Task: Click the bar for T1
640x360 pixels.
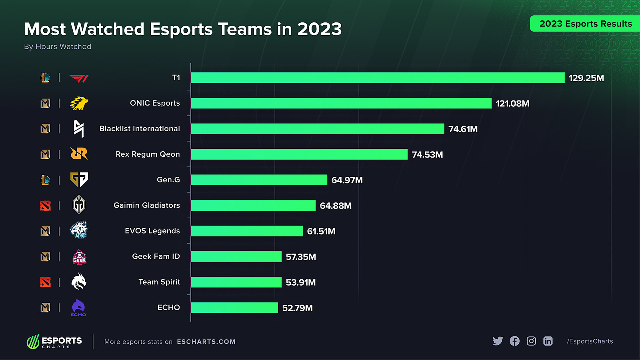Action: [x=378, y=78]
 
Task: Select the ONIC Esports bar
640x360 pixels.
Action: [x=341, y=103]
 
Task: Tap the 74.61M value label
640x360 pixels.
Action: [x=463, y=129]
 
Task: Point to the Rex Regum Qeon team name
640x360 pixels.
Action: [x=148, y=154]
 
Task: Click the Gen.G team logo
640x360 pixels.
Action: [x=79, y=180]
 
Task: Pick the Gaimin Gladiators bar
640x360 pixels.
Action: [x=253, y=206]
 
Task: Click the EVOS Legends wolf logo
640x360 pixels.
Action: [x=79, y=230]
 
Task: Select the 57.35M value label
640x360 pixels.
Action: [x=301, y=257]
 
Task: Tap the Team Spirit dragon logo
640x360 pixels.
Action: [x=79, y=282]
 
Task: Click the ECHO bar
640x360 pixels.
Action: [x=234, y=308]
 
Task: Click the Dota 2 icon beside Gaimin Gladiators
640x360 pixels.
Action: [x=46, y=206]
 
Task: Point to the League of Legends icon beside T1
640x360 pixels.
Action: [x=46, y=78]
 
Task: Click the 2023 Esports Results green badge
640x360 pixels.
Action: [x=585, y=24]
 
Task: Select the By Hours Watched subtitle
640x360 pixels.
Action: [x=58, y=46]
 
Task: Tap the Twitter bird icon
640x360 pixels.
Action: [x=498, y=341]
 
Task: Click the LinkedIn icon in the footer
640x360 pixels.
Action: [x=548, y=341]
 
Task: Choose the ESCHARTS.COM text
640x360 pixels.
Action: [x=206, y=342]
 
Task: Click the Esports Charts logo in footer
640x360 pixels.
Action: [x=54, y=342]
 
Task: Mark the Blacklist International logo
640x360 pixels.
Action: [x=79, y=129]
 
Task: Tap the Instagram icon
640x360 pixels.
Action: [x=531, y=341]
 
